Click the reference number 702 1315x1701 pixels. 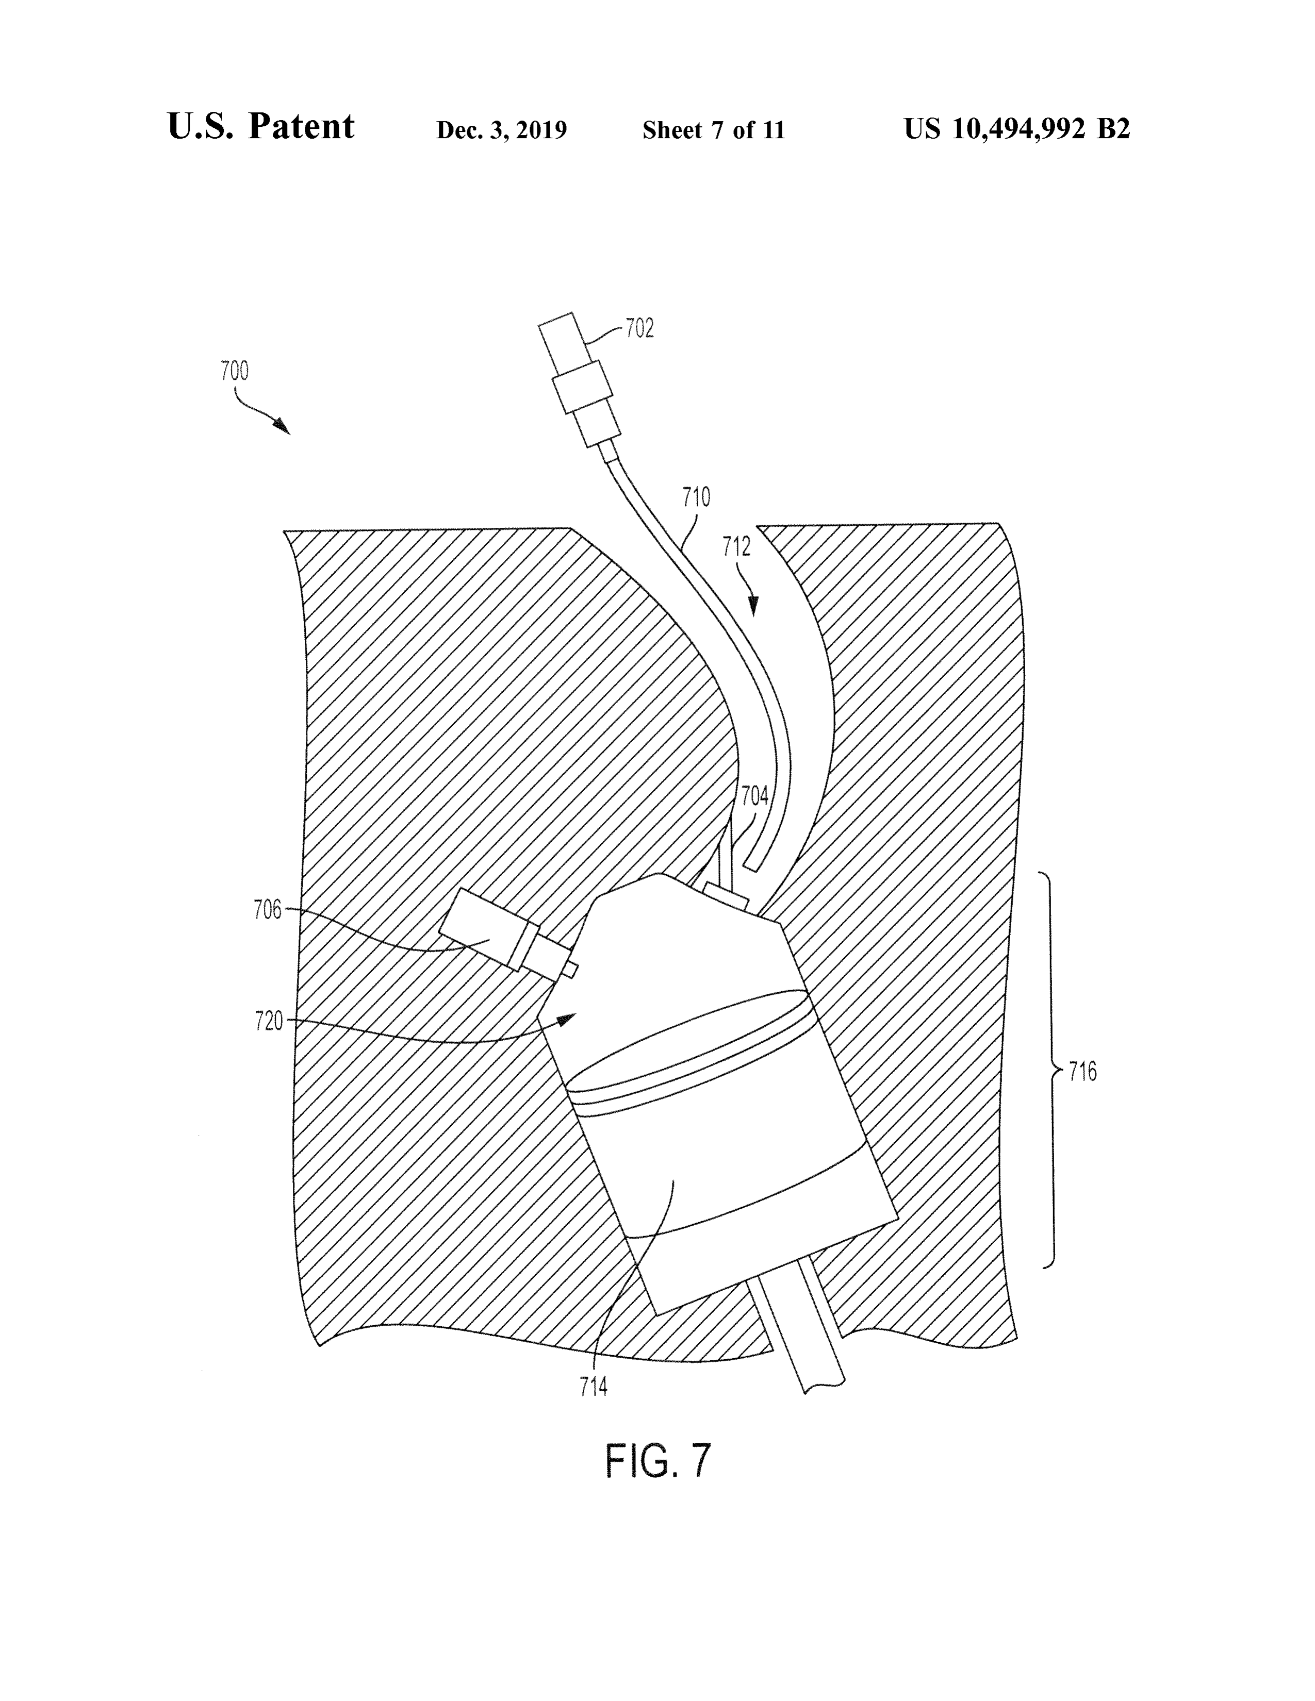pos(639,329)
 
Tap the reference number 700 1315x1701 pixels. pos(235,371)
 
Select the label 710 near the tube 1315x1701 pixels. pos(697,497)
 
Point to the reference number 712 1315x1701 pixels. pos(736,547)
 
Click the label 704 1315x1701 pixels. pos(754,796)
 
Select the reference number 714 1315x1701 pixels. pos(594,1387)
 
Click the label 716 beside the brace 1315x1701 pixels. pos(1083,1073)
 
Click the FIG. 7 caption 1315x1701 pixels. pos(659,1461)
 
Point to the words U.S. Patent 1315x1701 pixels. pos(261,126)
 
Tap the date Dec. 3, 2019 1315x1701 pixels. pos(502,130)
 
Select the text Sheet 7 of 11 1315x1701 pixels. pos(714,130)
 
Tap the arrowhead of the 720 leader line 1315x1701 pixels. pos(566,1017)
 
